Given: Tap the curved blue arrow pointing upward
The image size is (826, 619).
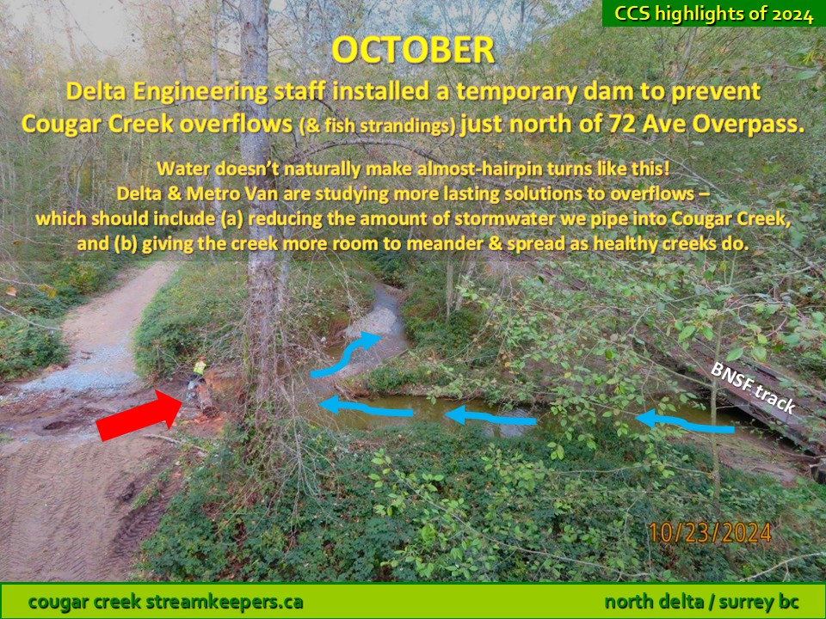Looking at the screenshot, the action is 345,357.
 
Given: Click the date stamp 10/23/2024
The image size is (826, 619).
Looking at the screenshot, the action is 710,533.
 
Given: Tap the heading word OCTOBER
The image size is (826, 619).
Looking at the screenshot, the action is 413,50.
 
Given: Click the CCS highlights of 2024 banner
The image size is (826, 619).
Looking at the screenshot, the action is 714,13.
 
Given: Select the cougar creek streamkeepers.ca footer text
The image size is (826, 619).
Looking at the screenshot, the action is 165,601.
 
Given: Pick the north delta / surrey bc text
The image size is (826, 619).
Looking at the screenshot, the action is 702,601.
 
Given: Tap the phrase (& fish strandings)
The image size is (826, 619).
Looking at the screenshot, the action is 377,126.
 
